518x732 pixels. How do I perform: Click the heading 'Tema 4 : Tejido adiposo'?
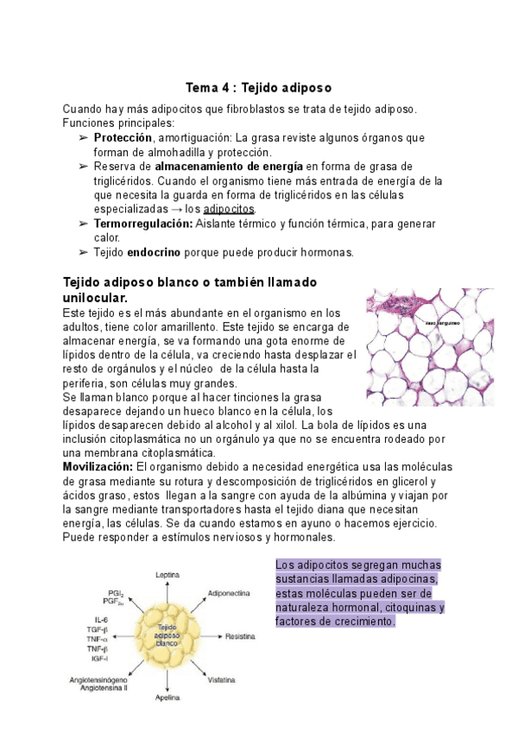(x=259, y=88)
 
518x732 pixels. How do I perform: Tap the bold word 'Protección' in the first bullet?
(x=123, y=137)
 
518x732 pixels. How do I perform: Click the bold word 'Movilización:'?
(x=98, y=466)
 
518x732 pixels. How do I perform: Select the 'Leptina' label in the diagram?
(x=167, y=575)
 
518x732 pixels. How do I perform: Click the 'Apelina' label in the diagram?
(x=167, y=697)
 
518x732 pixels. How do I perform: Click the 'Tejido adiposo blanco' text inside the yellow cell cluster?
(x=167, y=637)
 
